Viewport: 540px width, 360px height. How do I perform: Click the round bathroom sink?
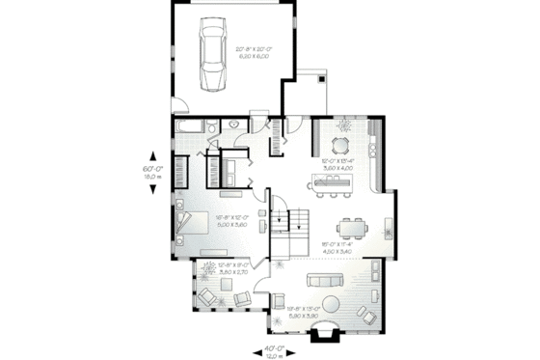click(233, 126)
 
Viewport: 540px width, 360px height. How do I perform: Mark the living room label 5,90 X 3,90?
click(304, 317)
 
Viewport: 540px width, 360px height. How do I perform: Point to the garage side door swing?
click(180, 100)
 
